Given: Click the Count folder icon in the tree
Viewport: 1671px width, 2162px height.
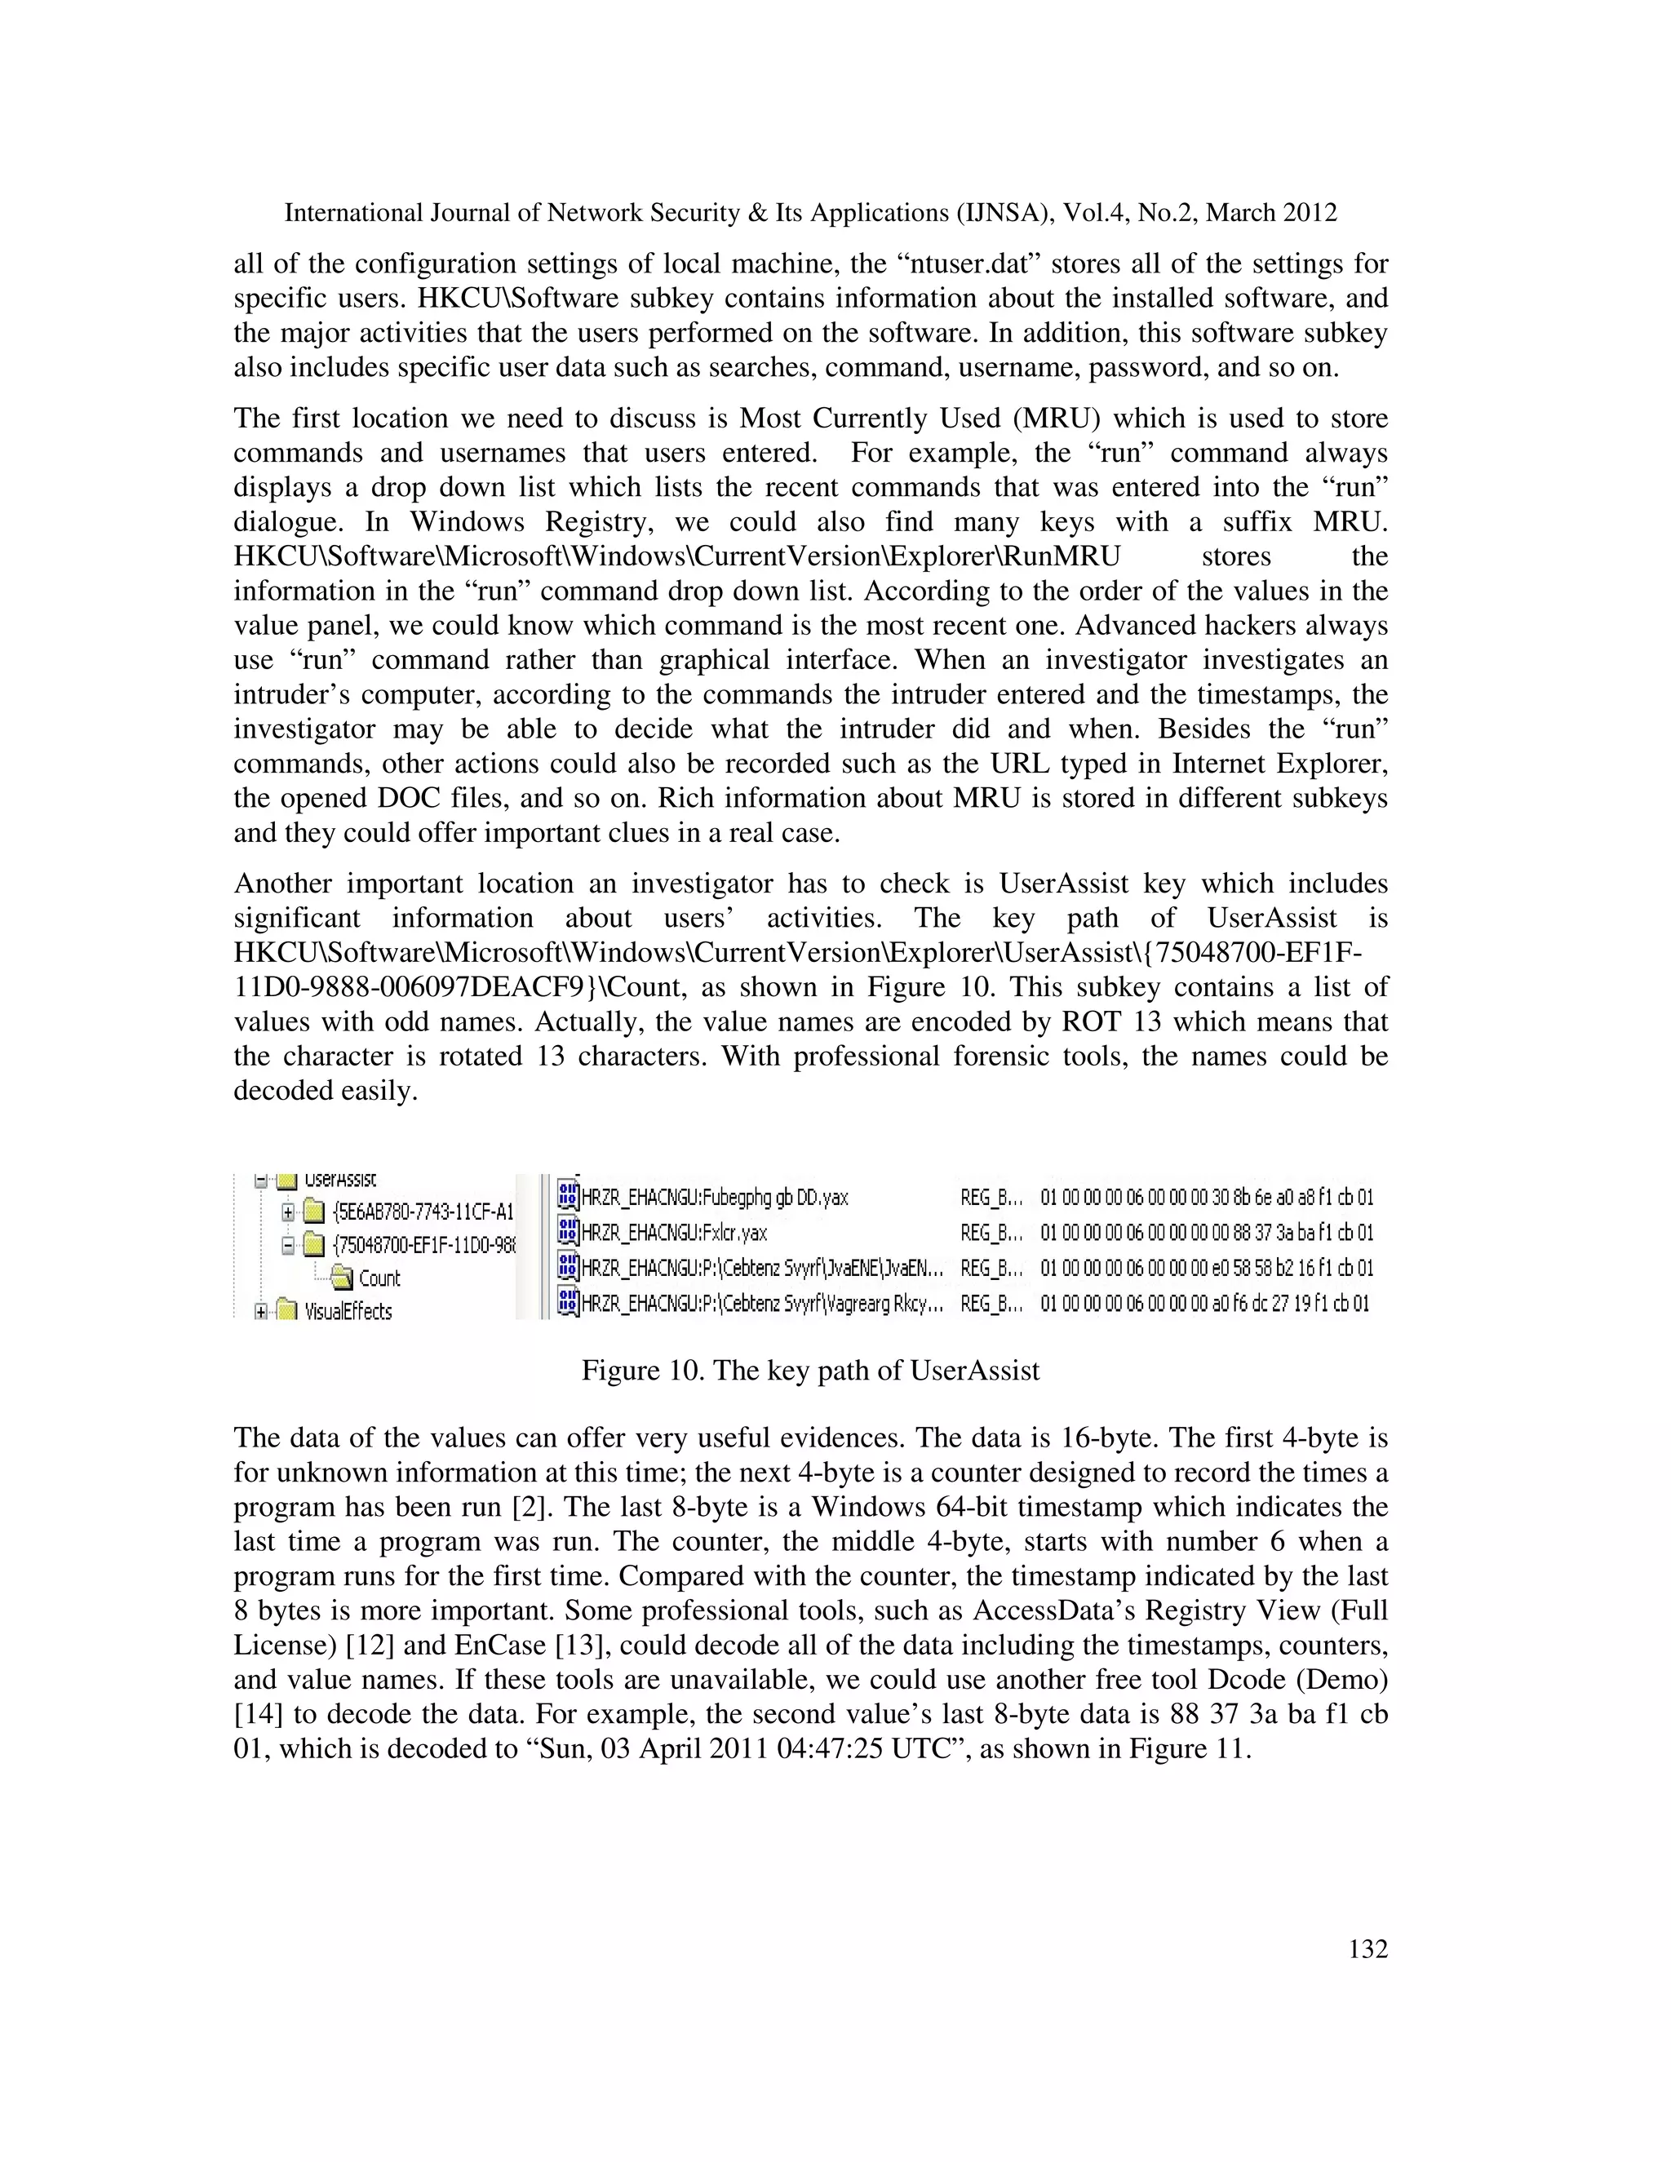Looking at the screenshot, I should pos(342,1278).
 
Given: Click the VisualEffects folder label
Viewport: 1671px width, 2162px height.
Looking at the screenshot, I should pos(348,1312).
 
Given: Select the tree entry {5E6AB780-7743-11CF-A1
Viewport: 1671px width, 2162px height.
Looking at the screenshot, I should pos(423,1212).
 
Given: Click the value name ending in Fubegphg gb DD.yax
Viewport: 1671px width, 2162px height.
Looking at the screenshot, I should pos(715,1198).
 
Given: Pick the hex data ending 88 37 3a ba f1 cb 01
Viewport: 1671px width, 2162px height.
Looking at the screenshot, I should pos(1207,1233).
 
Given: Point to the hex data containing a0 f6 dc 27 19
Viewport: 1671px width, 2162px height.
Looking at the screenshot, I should pos(1205,1304).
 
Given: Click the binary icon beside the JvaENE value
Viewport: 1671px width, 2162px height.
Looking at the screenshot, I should pos(567,1267).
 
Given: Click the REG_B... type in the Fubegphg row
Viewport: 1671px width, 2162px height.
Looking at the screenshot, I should pos(991,1198).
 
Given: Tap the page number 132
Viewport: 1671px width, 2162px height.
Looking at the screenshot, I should pos(1368,1949).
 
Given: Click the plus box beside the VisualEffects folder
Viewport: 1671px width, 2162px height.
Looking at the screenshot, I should pos(261,1312).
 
